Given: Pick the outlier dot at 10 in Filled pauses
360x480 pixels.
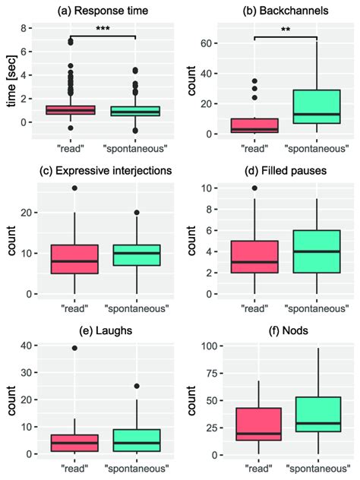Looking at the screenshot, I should (x=254, y=188).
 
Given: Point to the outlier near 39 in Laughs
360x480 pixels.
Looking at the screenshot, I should (x=74, y=348).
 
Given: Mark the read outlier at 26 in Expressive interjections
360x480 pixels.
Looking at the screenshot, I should (x=74, y=188).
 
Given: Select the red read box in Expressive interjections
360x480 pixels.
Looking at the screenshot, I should (x=74, y=259).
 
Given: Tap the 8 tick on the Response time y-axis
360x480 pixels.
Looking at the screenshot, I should (x=24, y=28).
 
